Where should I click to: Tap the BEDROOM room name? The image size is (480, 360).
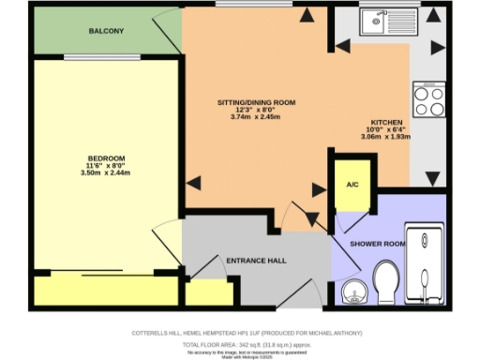click(x=106, y=157)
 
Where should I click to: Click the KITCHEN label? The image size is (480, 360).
click(x=386, y=124)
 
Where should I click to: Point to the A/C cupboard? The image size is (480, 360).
click(x=353, y=184)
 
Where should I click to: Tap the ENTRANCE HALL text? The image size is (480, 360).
click(x=256, y=260)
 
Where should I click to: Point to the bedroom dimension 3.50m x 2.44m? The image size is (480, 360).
click(x=106, y=174)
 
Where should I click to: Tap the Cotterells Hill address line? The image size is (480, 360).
click(x=239, y=334)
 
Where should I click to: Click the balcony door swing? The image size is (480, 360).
click(x=169, y=33)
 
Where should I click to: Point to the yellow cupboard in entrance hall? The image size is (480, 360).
click(x=208, y=292)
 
